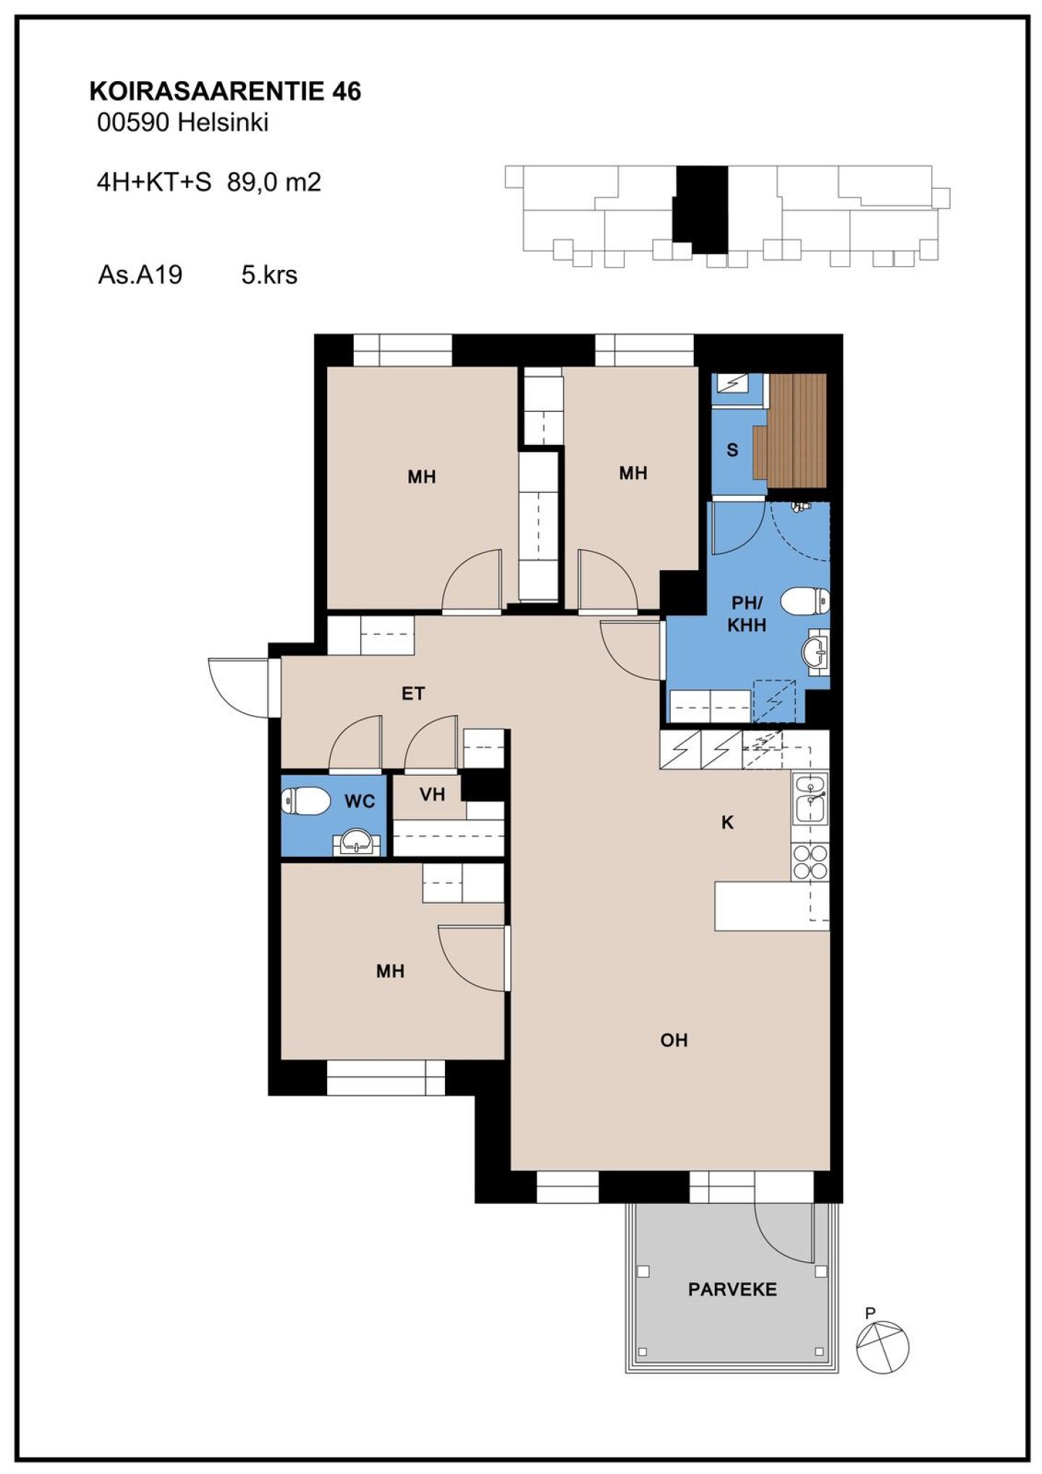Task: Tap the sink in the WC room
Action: point(357,842)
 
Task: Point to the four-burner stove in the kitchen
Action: point(810,861)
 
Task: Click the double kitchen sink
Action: point(811,799)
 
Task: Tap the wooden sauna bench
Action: point(789,430)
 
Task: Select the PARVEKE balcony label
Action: point(732,1289)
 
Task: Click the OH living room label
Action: point(674,1040)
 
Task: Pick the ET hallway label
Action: point(413,694)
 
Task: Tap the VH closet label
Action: point(432,795)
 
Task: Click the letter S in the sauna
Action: point(732,450)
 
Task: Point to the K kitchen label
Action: point(728,822)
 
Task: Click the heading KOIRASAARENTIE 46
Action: point(225,92)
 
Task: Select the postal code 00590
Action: point(133,123)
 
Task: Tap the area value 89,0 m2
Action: point(274,182)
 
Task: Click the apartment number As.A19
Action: point(140,275)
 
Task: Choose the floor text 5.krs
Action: point(269,275)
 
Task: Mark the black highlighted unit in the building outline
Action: point(700,210)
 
